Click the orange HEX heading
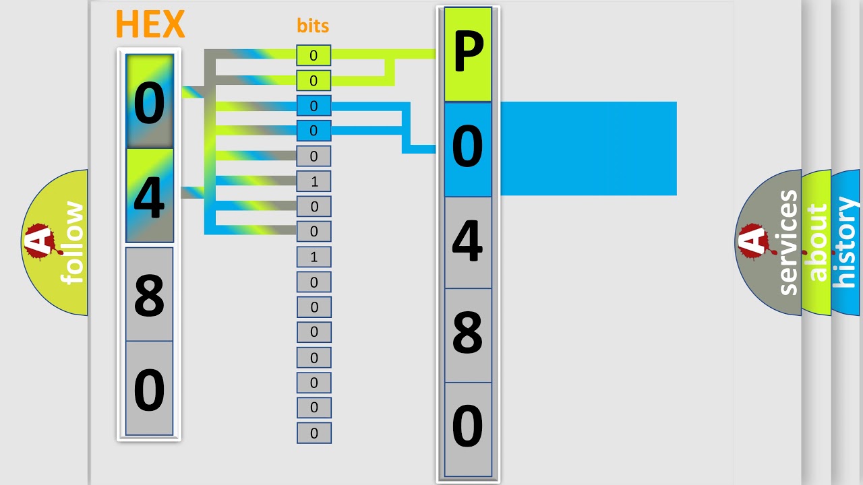point(150,25)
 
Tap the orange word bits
point(313,26)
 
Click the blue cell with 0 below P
point(468,148)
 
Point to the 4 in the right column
point(468,242)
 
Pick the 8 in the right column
point(468,334)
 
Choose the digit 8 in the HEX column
point(149,294)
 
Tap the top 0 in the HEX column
point(149,103)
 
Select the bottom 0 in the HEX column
point(149,389)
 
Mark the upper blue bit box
point(314,106)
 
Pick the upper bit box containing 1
point(314,181)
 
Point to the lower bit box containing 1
point(314,257)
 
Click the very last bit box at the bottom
point(314,433)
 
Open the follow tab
point(71,243)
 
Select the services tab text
point(788,243)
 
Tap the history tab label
point(846,243)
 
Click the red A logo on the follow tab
point(40,241)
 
